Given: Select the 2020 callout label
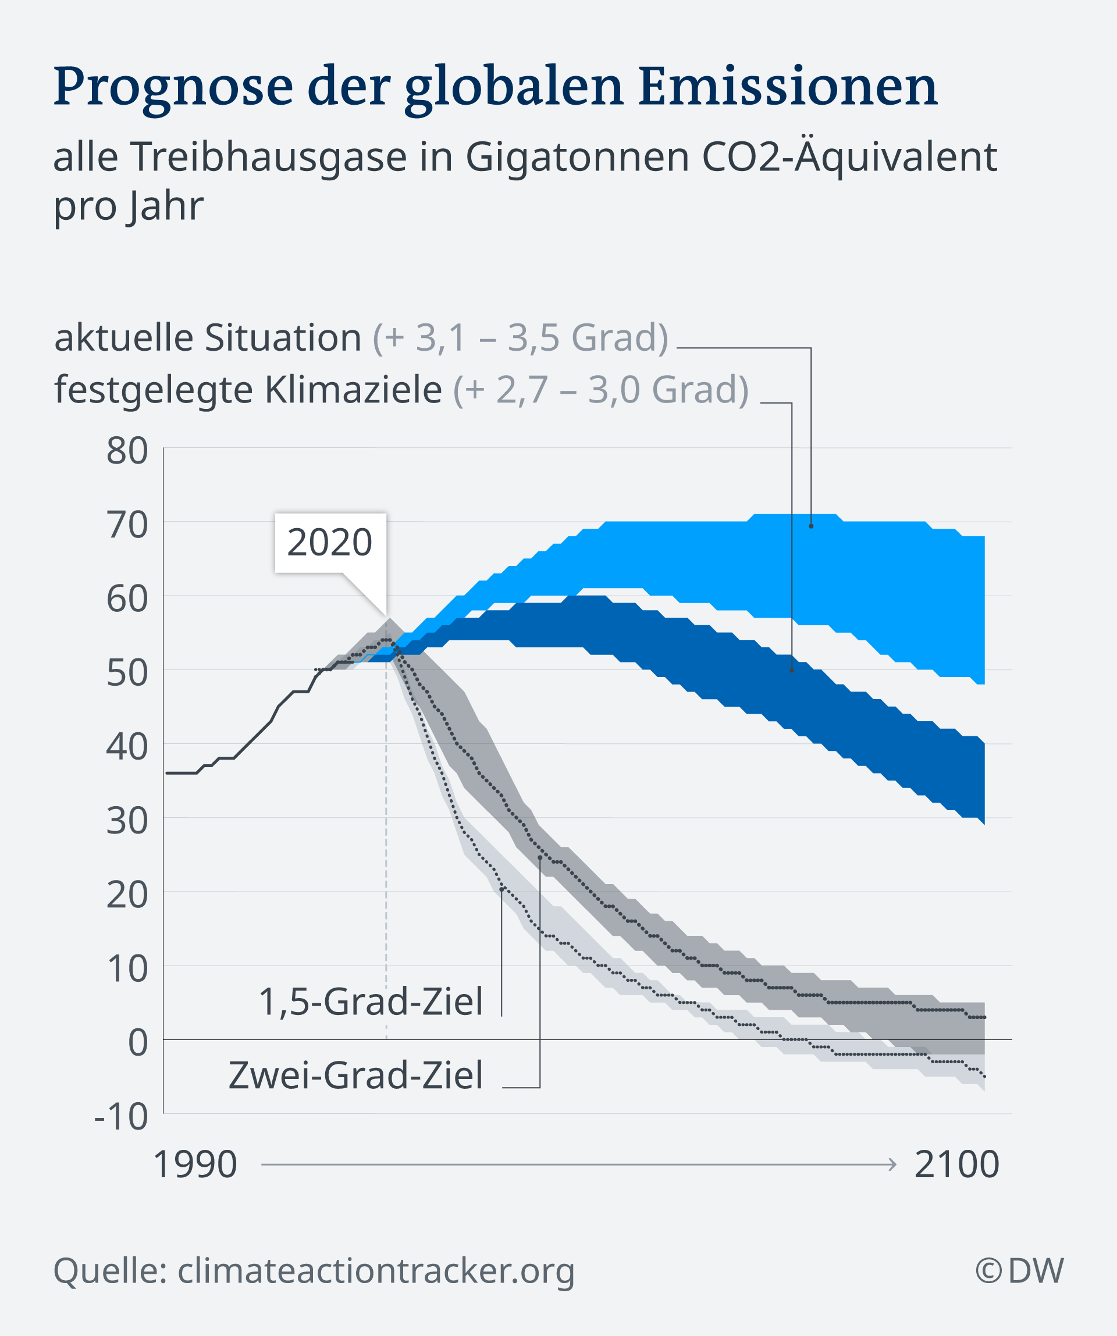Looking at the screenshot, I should [330, 543].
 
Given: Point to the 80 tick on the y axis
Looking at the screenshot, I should [127, 451].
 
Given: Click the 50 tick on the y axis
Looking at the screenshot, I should [127, 672].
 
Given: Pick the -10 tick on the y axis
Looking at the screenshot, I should [121, 1116].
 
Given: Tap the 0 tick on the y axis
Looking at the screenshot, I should [138, 1043].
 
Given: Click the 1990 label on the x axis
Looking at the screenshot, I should [195, 1165].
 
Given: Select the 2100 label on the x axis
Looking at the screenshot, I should [956, 1165].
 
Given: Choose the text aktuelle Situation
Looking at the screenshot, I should [208, 338].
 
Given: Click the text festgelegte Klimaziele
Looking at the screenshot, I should [248, 390].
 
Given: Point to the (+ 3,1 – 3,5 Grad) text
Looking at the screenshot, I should [520, 338].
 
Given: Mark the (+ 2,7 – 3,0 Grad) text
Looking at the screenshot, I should [601, 390].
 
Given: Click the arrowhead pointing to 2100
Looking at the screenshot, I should [893, 1165].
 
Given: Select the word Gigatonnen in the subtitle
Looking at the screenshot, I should [577, 157].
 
